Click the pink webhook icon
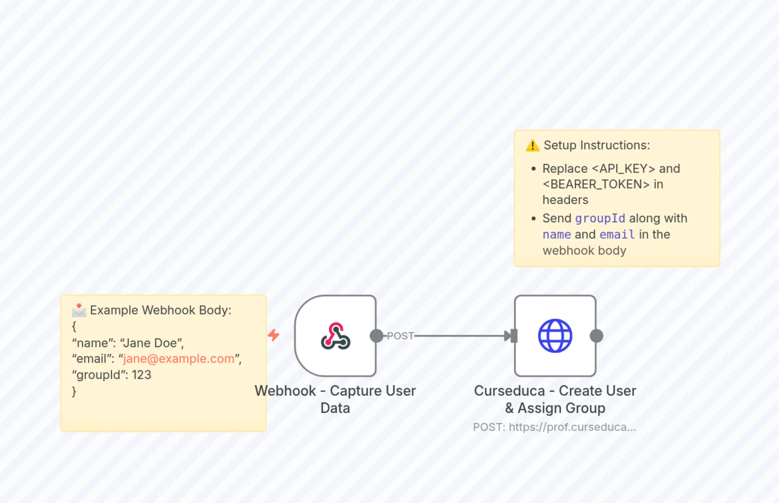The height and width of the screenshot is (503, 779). coord(336,336)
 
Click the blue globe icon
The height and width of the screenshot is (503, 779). coord(555,336)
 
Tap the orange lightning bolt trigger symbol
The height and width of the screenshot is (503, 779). coord(274,335)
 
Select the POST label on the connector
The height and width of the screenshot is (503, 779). coord(400,336)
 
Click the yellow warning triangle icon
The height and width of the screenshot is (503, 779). coord(533,146)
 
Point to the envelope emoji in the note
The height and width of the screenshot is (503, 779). coord(79,310)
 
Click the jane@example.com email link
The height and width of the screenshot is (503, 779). coord(179,359)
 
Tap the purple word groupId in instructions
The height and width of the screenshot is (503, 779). coord(600,218)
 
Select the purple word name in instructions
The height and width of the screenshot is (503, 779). coord(557,235)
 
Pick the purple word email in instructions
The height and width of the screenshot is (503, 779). coord(617,235)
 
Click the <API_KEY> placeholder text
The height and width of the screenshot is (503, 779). coord(623,169)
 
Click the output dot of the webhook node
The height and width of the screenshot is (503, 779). coord(376,336)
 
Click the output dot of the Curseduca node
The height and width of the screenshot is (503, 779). coord(596,336)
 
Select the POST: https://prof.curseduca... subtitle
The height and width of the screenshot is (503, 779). coord(555,427)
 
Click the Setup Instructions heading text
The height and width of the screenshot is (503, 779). coord(597,145)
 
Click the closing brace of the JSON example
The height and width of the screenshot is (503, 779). coord(74,391)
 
